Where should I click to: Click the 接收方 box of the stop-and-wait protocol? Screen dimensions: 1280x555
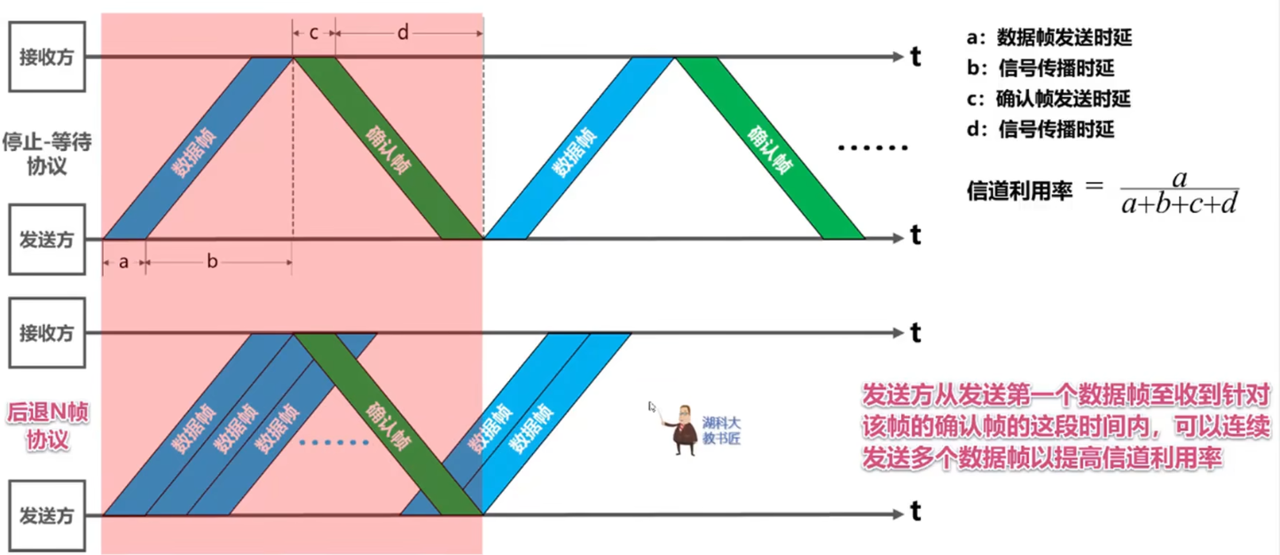click(46, 57)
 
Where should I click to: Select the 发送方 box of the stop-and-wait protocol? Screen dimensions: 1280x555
click(46, 239)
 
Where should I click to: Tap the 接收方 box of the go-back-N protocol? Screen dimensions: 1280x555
click(46, 333)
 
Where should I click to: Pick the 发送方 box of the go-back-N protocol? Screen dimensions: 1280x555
click(46, 515)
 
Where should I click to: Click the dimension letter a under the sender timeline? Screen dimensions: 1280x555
click(123, 262)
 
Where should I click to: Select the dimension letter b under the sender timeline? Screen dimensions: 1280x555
click(212, 262)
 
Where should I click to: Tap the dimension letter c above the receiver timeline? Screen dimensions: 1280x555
click(313, 33)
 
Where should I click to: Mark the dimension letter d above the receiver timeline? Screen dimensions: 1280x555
click(403, 33)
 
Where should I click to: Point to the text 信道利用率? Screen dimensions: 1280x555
click(1019, 190)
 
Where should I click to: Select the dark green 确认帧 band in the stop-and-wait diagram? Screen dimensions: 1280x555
click(389, 148)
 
